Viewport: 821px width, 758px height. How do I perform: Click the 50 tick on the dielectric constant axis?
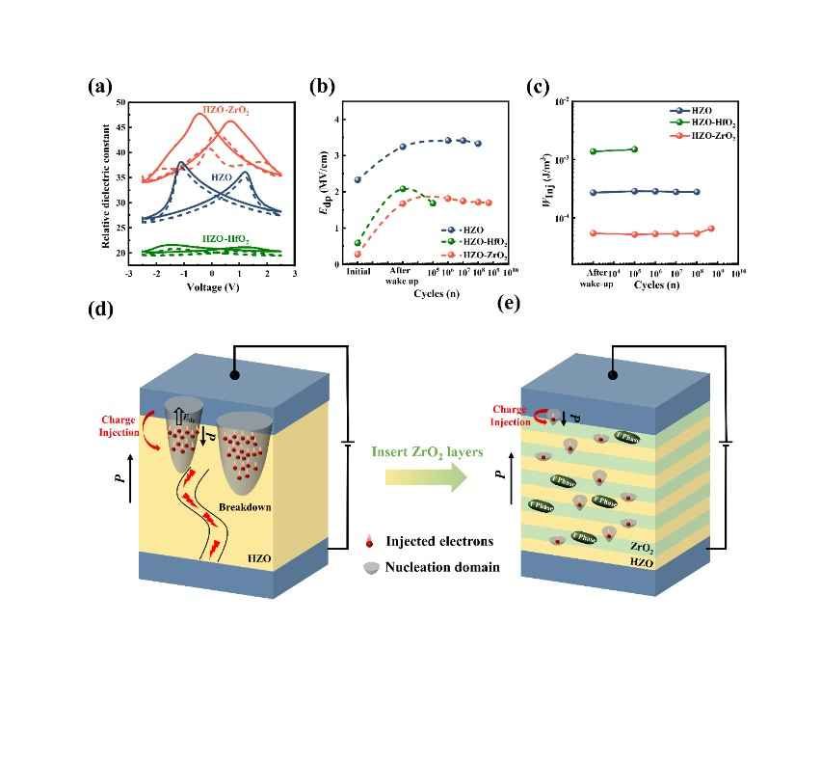click(119, 101)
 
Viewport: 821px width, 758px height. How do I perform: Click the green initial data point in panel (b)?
click(358, 243)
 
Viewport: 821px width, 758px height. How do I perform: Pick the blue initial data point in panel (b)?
click(358, 180)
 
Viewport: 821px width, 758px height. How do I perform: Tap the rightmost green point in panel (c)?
click(634, 149)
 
